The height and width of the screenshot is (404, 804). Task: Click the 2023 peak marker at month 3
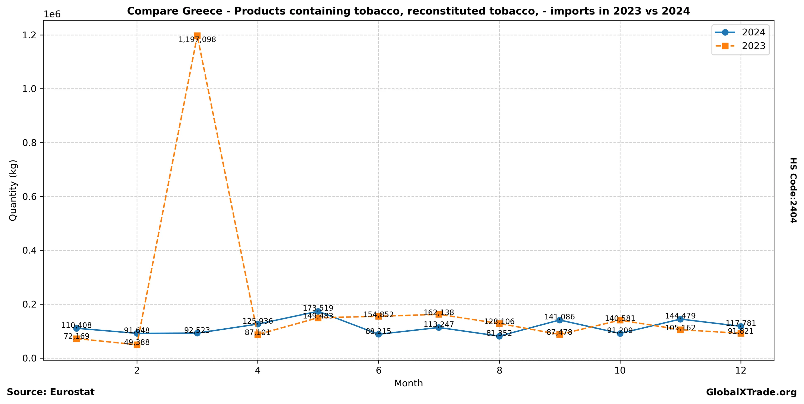pos(197,36)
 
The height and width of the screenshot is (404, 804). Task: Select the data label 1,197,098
pos(197,40)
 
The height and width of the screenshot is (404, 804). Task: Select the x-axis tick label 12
pos(741,370)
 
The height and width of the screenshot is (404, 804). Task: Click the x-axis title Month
pos(408,383)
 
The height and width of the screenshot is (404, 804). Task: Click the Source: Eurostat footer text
pos(51,392)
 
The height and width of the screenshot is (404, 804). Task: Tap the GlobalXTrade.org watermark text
pos(751,393)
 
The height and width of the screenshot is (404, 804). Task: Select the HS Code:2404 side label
pos(793,190)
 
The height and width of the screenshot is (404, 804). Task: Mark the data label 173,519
pos(318,308)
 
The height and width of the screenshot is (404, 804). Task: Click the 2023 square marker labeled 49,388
pos(137,345)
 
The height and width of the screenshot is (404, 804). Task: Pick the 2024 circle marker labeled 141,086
pos(560,320)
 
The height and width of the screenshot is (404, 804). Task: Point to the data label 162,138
pos(439,313)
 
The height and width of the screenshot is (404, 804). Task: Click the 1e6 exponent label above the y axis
pos(52,14)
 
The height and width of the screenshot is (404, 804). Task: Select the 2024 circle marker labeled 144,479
pos(680,319)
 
